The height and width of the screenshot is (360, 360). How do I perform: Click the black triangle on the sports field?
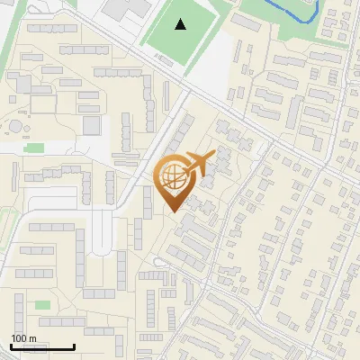pos(181,24)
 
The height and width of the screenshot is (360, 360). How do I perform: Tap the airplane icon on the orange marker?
pos(197,165)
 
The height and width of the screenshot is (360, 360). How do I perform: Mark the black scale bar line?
pos(41,346)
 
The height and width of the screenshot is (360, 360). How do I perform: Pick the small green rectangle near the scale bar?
pos(42,305)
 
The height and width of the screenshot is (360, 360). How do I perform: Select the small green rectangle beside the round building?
pos(34,148)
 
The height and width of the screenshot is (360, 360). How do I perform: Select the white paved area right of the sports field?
pos(220,67)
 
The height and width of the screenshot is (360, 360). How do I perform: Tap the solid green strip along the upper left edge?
pos(7,45)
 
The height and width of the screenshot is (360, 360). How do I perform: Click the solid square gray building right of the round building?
pos(92,125)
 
